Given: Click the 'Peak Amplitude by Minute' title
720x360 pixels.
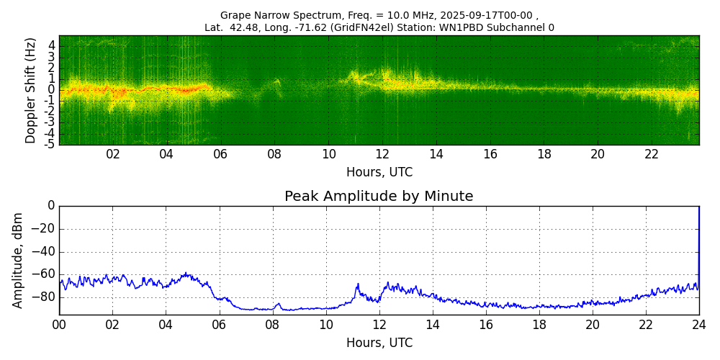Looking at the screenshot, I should (x=379, y=197).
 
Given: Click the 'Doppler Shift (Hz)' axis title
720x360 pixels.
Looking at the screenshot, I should (x=31, y=90).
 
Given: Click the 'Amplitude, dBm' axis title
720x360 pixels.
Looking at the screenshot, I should (x=19, y=260).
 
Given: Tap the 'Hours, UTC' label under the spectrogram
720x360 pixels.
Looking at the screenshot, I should (x=379, y=173).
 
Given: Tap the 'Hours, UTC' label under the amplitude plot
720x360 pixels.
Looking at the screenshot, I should (x=379, y=343).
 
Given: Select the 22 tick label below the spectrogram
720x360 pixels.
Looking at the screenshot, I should (x=652, y=154).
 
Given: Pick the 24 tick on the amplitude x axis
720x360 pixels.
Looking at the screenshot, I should (x=699, y=325).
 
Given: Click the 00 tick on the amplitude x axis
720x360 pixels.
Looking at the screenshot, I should (x=59, y=325).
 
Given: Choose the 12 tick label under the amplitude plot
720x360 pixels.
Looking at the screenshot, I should (x=379, y=325).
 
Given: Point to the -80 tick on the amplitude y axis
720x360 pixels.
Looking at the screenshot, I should (x=45, y=297).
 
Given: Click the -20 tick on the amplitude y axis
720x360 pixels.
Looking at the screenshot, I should (x=45, y=229).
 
